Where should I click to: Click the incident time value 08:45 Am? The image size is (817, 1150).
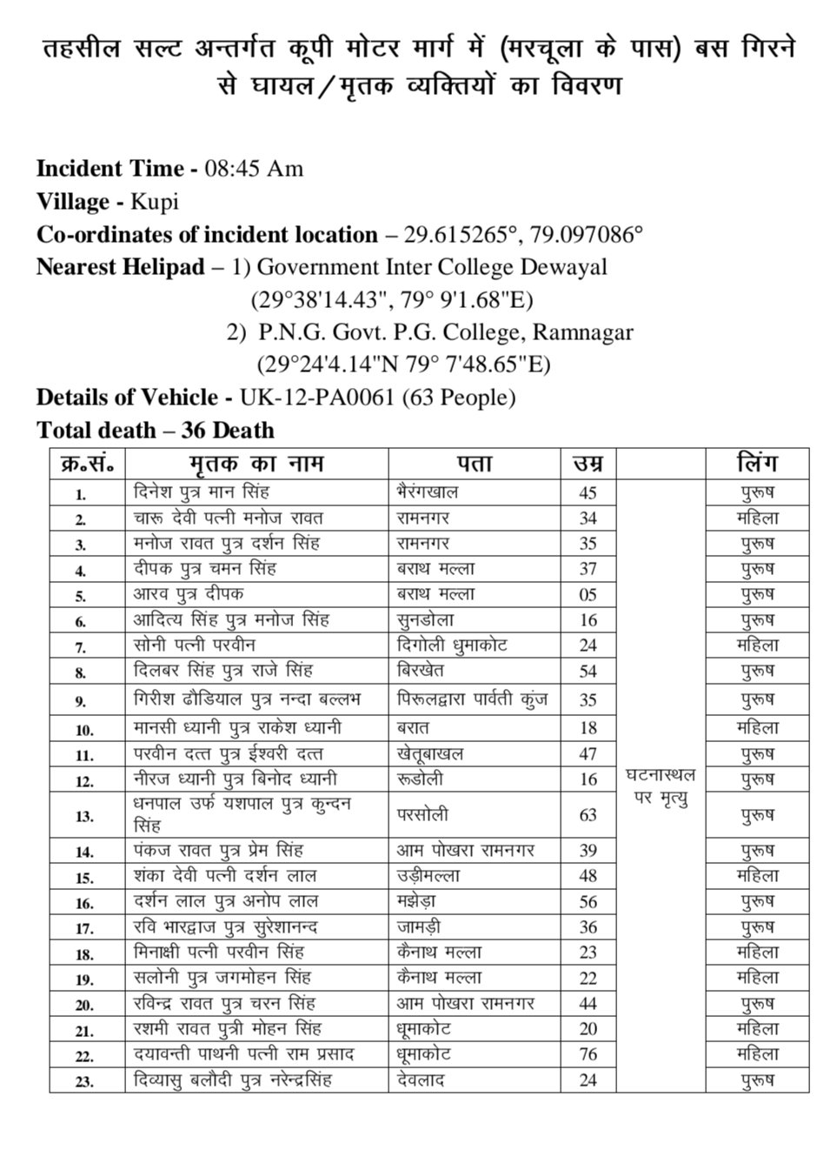tap(253, 169)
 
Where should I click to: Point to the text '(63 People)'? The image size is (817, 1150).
tap(460, 398)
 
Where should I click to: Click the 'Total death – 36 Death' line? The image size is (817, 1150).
tap(156, 431)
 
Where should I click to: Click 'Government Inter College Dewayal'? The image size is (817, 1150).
tap(432, 267)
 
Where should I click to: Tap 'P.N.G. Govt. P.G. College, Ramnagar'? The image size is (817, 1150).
tap(446, 332)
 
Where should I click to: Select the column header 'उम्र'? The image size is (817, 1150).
tap(588, 463)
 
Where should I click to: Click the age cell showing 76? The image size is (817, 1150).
tap(588, 1055)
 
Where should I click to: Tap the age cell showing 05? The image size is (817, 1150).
tap(588, 595)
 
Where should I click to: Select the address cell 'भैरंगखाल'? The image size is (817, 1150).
tap(428, 492)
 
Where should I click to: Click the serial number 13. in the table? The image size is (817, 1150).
tap(85, 816)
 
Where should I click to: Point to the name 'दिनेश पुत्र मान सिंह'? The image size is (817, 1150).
tap(202, 492)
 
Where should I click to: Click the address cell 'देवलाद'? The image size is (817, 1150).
tap(421, 1080)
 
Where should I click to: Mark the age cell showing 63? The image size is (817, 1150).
tap(588, 815)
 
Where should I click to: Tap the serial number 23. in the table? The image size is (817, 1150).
tap(85, 1081)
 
